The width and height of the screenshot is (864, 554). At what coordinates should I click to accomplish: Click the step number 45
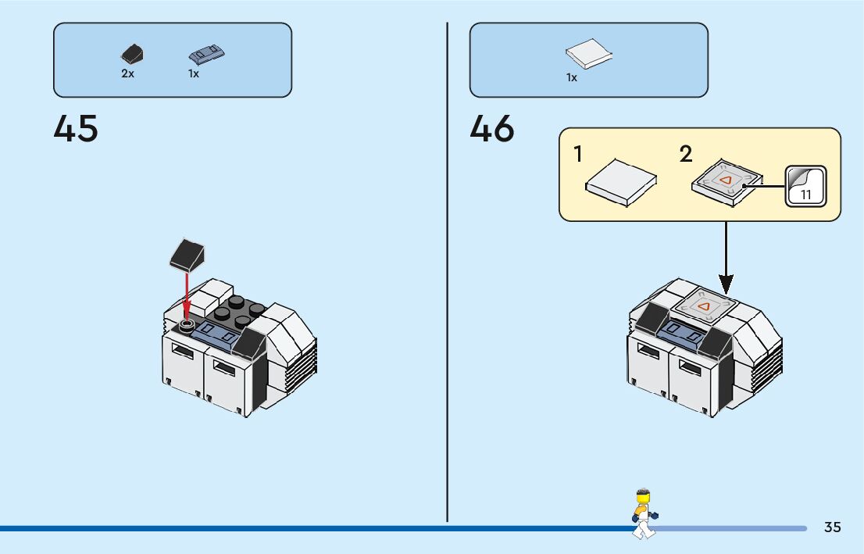coord(76,129)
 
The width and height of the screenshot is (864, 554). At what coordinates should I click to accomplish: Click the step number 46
coord(492,129)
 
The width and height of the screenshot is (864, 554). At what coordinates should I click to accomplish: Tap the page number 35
coord(832,527)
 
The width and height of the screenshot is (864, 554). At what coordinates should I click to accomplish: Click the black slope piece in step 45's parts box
coord(131,55)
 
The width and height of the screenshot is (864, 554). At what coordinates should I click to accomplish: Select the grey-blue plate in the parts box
coord(207,54)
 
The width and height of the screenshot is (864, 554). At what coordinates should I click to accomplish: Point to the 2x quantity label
coord(127,73)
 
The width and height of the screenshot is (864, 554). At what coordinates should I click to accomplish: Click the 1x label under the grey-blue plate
coord(194,73)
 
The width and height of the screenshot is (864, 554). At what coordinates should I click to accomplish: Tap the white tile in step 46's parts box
coord(588,55)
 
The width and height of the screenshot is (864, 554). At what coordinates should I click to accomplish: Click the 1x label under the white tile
coord(572,77)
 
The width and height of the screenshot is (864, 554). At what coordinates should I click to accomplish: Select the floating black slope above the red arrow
coord(187,254)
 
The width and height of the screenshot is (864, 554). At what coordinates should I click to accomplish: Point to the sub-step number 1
coord(578,155)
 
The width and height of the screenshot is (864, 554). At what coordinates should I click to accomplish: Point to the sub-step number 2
coord(686,155)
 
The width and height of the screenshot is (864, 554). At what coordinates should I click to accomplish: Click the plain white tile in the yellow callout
coord(621,182)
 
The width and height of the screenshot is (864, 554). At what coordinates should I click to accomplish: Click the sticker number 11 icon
coord(805,187)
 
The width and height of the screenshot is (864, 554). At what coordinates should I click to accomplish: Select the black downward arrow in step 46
coord(727,258)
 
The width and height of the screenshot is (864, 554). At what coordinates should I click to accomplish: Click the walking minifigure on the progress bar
coord(644,513)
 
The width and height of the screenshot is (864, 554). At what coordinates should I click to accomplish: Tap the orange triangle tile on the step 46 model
coord(705,307)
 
